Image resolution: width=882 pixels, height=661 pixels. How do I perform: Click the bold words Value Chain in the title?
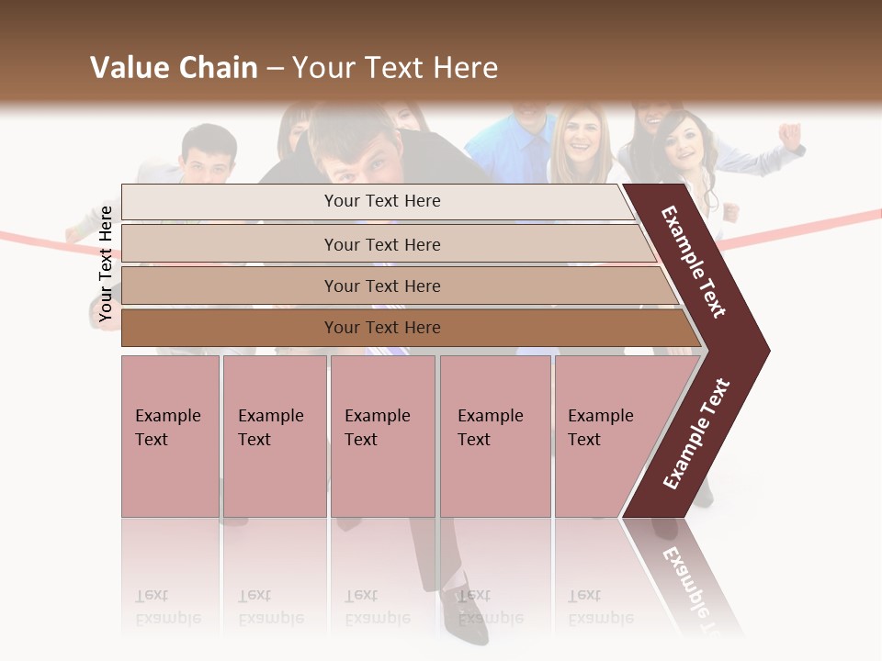[174, 68]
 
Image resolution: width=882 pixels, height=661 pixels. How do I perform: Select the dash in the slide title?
[275, 69]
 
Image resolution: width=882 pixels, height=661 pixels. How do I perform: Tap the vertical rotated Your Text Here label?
[107, 264]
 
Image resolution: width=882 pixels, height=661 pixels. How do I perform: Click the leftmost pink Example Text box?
[170, 435]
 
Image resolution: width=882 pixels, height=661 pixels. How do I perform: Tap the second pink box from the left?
[274, 435]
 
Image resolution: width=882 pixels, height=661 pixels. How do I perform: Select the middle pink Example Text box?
[382, 435]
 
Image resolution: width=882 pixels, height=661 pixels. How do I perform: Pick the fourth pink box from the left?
[495, 435]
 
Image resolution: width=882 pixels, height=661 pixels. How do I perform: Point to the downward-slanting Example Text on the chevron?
[694, 262]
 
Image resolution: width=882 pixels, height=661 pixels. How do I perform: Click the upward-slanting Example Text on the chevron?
[696, 433]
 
